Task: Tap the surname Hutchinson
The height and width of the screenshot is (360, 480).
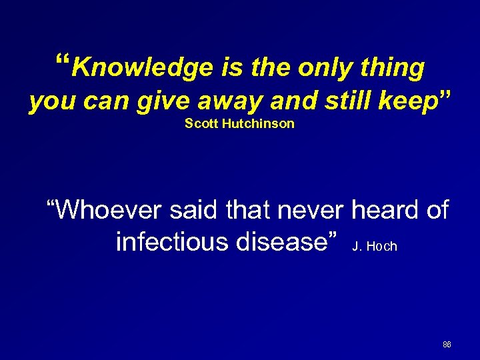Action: coord(257,124)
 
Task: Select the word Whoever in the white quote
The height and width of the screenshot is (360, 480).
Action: coord(112,211)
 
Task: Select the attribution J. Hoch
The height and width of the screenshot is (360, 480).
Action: coord(374,247)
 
